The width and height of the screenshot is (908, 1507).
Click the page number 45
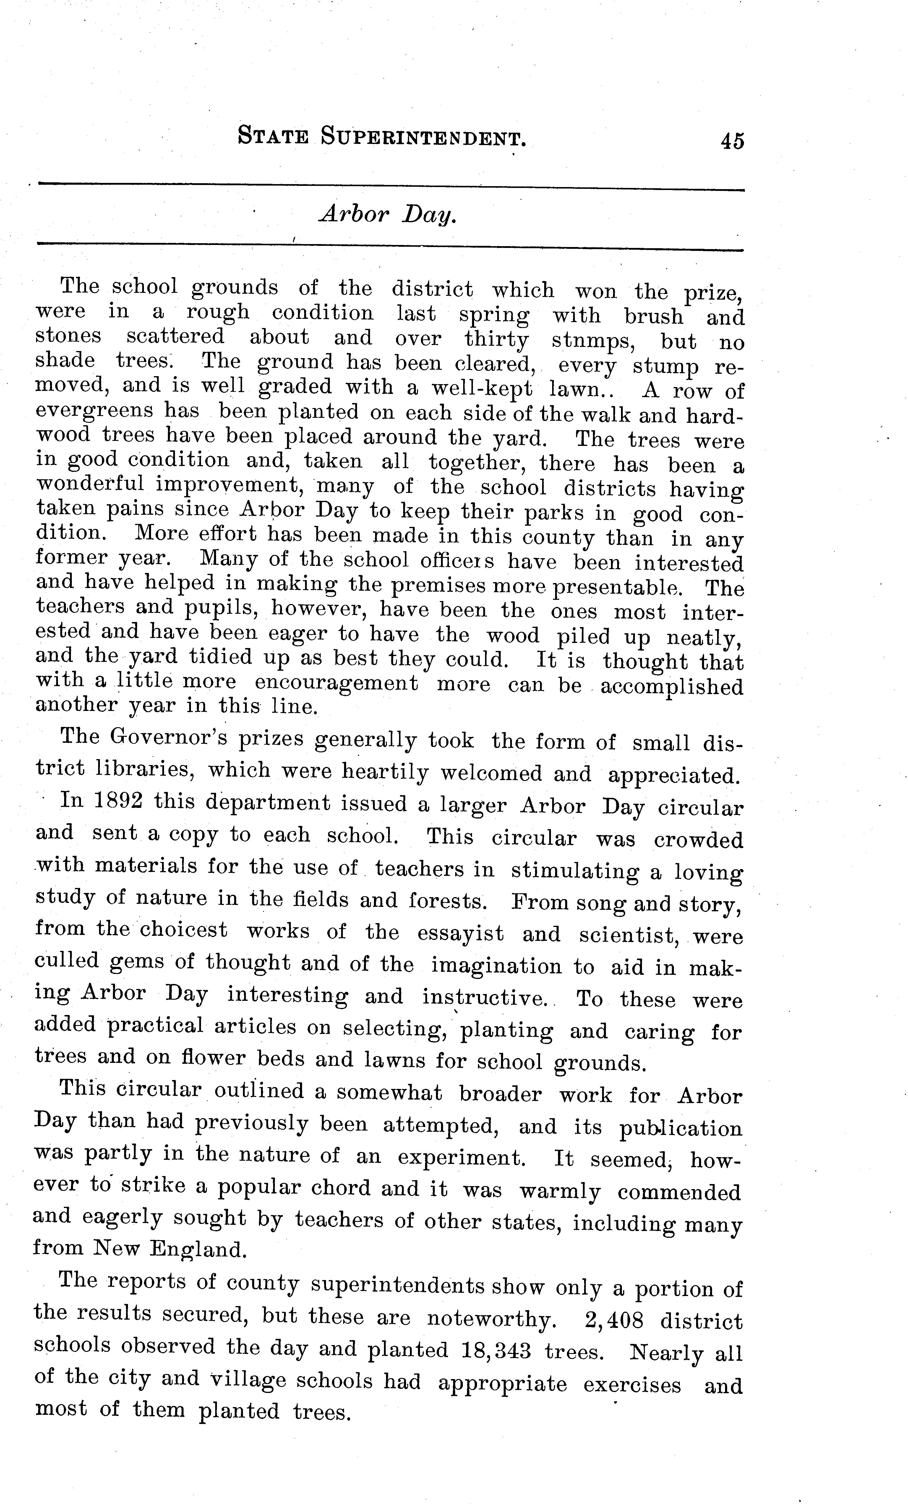pos(732,141)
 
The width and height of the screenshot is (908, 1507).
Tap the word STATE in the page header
pos(273,136)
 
